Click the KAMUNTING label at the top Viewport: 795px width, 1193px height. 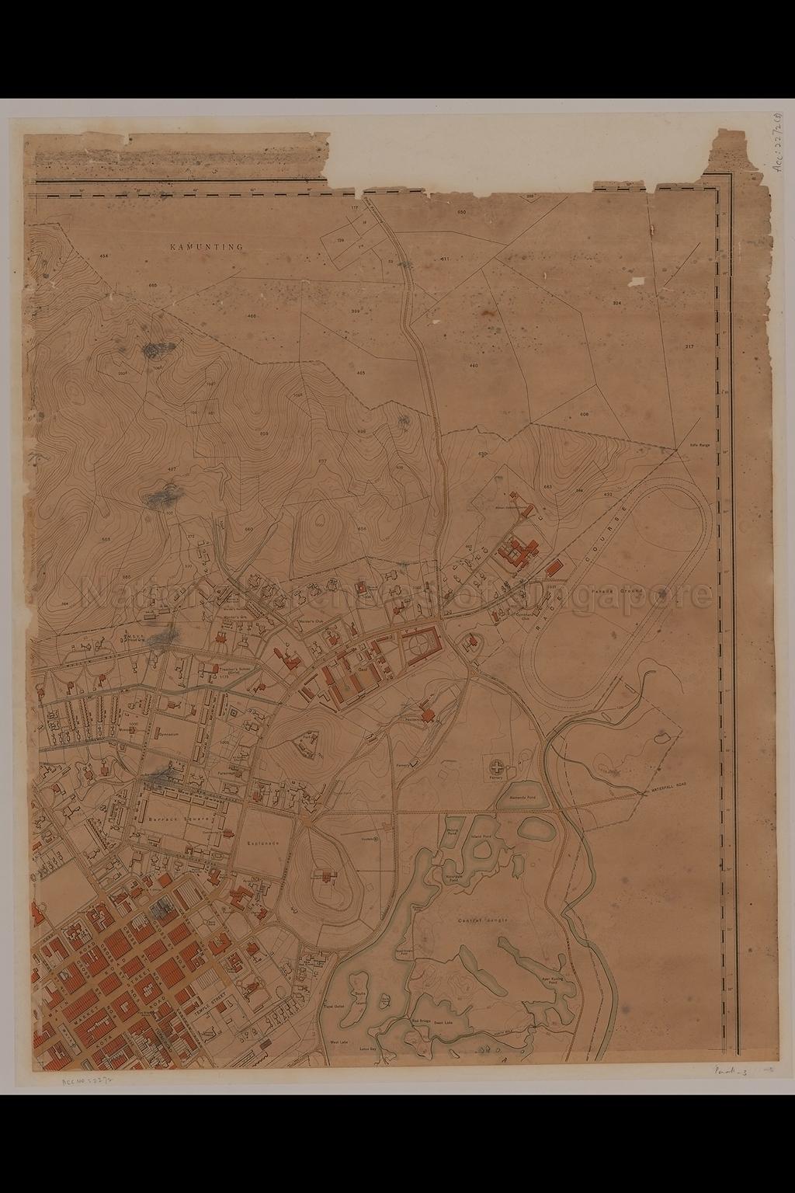(x=207, y=246)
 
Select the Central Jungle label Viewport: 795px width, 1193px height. (x=482, y=920)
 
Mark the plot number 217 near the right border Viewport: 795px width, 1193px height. (x=689, y=346)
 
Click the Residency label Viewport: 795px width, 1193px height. (x=417, y=720)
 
